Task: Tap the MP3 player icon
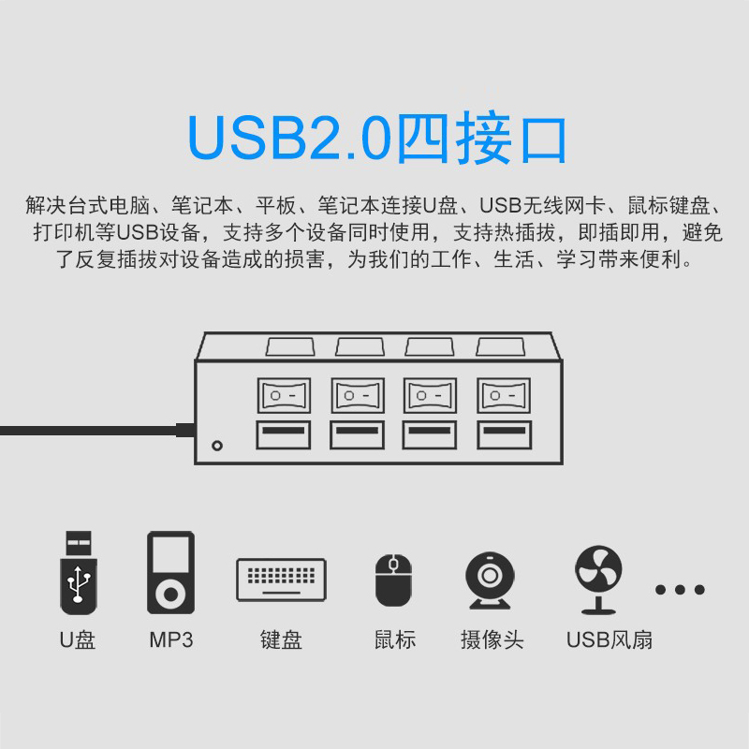click(170, 572)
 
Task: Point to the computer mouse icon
click(393, 580)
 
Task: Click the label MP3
click(170, 640)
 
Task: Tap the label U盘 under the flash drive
click(78, 640)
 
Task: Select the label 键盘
click(281, 640)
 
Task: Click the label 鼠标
click(394, 640)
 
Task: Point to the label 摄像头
click(492, 640)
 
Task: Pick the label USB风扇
click(609, 640)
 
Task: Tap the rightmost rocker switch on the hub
click(503, 395)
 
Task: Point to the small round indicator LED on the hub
click(218, 445)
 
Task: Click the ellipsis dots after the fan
click(680, 590)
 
